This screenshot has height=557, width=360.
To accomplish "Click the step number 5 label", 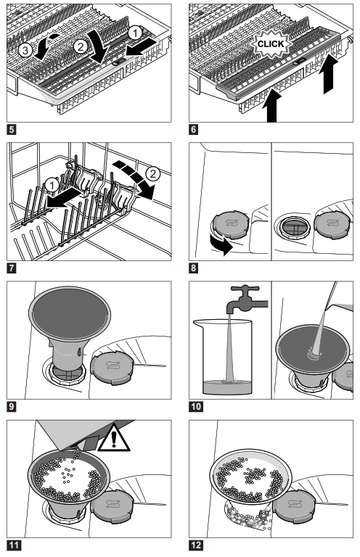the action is pyautogui.click(x=12, y=129).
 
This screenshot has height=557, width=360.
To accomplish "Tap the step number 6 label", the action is pyautogui.click(x=193, y=129).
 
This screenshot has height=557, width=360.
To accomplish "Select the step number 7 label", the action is pyautogui.click(x=12, y=268).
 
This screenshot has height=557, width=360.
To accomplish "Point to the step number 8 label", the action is pyautogui.click(x=193, y=268).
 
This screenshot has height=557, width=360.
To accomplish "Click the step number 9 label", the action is pyautogui.click(x=12, y=406).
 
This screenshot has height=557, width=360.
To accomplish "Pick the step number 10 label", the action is pyautogui.click(x=196, y=406).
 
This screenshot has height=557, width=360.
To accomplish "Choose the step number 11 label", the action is pyautogui.click(x=14, y=545).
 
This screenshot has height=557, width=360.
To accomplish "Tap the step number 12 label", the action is pyautogui.click(x=196, y=545).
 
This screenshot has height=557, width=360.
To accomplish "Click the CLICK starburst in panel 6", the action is pyautogui.click(x=271, y=44).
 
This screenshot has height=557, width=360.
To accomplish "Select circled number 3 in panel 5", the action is pyautogui.click(x=25, y=50).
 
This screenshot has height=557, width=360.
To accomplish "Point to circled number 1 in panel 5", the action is pyautogui.click(x=135, y=33).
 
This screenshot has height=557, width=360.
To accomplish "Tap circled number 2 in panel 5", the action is pyautogui.click(x=81, y=46).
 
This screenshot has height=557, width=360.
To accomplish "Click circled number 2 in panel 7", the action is pyautogui.click(x=153, y=174).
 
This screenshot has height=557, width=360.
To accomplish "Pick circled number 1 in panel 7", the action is pyautogui.click(x=52, y=185).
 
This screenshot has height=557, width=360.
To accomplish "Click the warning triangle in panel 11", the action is pyautogui.click(x=114, y=437).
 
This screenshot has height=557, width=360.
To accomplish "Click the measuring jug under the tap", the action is pyautogui.click(x=223, y=357).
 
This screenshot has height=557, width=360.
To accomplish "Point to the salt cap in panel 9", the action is pyautogui.click(x=112, y=368).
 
